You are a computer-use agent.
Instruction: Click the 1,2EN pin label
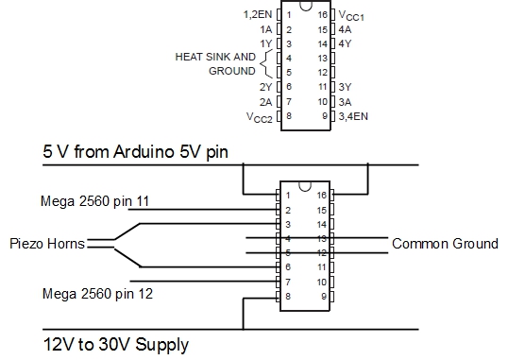point(257,15)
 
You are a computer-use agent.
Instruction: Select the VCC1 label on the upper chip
point(354,15)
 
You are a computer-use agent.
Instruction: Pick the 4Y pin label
point(347,43)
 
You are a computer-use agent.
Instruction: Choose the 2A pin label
point(265,100)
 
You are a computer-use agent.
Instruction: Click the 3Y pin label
point(347,86)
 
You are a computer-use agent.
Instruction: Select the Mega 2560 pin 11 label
point(96,201)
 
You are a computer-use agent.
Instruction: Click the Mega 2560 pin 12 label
point(96,293)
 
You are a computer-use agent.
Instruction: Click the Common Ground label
point(445,244)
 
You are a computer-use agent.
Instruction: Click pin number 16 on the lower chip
point(322,195)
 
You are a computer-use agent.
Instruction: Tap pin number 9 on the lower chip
point(322,297)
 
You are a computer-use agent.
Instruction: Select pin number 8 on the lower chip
point(287,297)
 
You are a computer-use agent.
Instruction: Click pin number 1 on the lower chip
point(287,195)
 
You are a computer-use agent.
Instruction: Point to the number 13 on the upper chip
point(322,58)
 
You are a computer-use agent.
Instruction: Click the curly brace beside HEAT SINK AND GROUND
point(265,63)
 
